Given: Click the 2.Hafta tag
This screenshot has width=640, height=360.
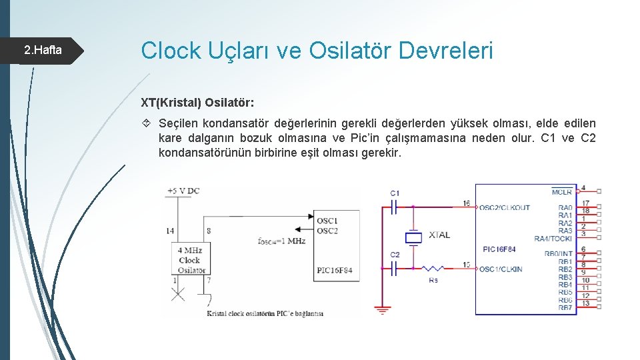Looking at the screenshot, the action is [x=43, y=50].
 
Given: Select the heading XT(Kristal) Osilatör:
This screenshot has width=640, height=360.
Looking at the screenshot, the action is [x=197, y=103].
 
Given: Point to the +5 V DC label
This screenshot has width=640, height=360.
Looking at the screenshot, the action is [x=183, y=191].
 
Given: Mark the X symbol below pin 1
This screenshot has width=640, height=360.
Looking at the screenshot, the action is [x=177, y=294].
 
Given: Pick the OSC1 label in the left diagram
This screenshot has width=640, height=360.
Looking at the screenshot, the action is [x=327, y=221].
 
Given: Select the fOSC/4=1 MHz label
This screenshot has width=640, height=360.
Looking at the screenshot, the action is [x=281, y=241].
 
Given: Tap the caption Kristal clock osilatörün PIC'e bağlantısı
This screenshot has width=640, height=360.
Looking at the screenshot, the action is [x=265, y=313].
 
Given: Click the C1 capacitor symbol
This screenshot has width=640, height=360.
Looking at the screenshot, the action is [x=394, y=207].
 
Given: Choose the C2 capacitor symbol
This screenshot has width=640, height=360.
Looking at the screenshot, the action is [x=394, y=268].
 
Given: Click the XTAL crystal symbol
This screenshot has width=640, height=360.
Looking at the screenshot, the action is [x=414, y=237].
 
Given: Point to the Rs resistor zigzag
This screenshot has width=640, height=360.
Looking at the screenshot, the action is [x=433, y=268].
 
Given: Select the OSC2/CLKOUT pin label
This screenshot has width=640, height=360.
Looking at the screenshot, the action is [x=505, y=207].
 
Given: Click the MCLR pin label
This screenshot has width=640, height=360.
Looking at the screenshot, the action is [x=562, y=193].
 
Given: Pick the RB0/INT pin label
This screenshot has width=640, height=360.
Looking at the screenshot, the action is [x=558, y=253].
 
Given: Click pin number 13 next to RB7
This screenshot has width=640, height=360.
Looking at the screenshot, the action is [x=585, y=303].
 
